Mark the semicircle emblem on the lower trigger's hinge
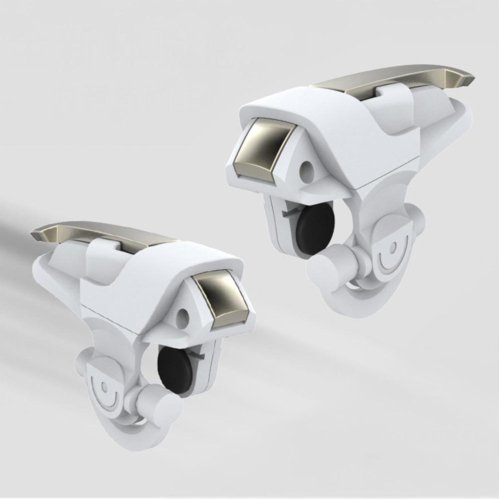coord(105,389)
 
